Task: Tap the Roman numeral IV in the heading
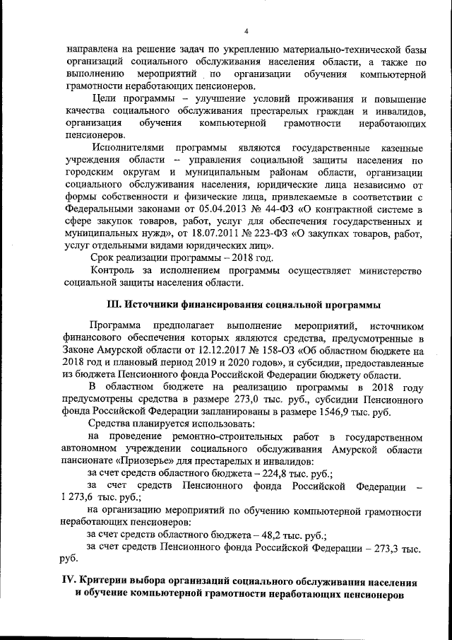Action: coord(69,581)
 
